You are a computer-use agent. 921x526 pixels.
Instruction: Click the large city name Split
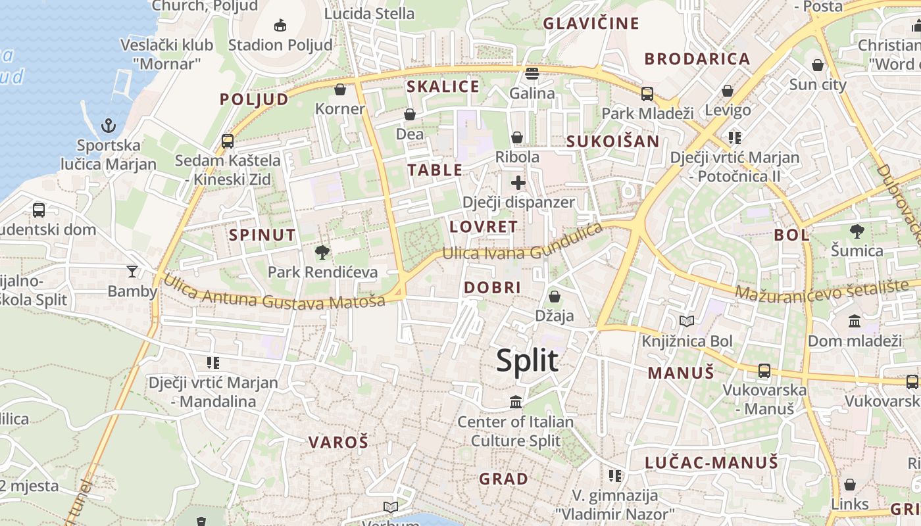(x=527, y=361)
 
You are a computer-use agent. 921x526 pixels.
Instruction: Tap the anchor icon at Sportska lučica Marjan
(x=109, y=125)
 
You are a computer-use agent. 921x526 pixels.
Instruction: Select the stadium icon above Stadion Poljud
(x=280, y=25)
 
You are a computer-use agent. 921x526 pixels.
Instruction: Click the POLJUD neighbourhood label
(x=254, y=99)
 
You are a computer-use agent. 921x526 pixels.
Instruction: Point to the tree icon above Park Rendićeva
(x=322, y=252)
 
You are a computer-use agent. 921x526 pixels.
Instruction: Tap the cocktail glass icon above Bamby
(x=132, y=271)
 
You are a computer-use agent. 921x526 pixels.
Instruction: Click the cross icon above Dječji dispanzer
(x=518, y=183)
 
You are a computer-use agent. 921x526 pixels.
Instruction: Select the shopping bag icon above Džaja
(x=555, y=296)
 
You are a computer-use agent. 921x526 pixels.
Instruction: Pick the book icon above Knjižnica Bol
(x=687, y=321)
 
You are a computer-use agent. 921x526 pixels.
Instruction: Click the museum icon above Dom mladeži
(x=855, y=321)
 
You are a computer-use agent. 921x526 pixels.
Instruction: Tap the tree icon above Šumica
(x=857, y=231)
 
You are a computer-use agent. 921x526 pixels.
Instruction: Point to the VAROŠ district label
(x=338, y=442)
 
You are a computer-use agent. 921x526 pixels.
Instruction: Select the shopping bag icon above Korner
(x=340, y=89)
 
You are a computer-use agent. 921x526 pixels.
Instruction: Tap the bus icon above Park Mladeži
(x=647, y=93)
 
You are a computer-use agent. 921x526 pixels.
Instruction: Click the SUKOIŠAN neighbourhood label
(x=612, y=141)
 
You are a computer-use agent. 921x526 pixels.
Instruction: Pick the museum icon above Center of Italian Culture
(x=516, y=401)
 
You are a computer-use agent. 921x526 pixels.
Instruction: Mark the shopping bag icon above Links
(x=850, y=485)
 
